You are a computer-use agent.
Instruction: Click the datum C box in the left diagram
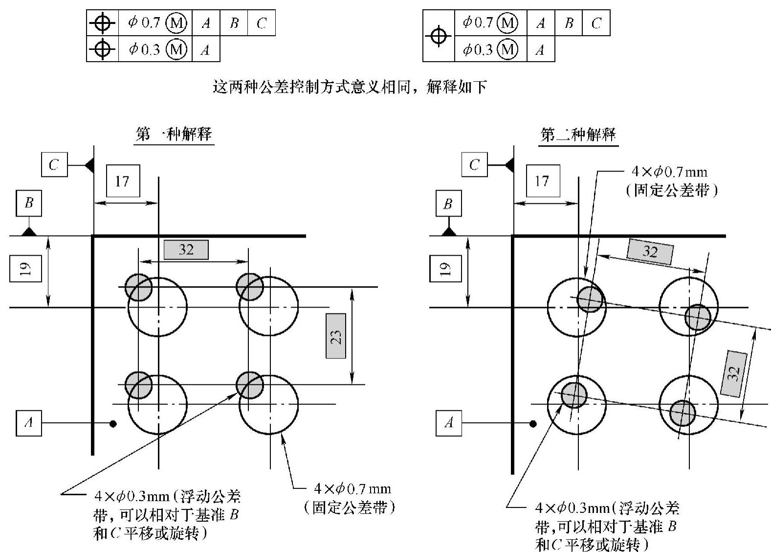pyautogui.click(x=54, y=165)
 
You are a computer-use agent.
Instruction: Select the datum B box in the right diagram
pyautogui.click(x=448, y=203)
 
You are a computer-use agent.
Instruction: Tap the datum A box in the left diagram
pyautogui.click(x=29, y=422)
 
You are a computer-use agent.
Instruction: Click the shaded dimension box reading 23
pyautogui.click(x=336, y=336)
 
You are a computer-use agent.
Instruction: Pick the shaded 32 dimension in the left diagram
pyautogui.click(x=186, y=250)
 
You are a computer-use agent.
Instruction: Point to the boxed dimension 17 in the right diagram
pyautogui.click(x=541, y=181)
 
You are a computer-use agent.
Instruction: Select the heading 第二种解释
pyautogui.click(x=578, y=134)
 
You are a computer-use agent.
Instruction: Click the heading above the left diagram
pyautogui.click(x=174, y=134)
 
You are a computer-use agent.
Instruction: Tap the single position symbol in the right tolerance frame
pyautogui.click(x=439, y=36)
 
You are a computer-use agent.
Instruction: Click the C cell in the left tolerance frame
pyautogui.click(x=261, y=23)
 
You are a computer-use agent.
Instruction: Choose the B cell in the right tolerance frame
pyautogui.click(x=568, y=23)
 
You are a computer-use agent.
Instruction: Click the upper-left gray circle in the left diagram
pyautogui.click(x=139, y=287)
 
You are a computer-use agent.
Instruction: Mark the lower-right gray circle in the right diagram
pyautogui.click(x=682, y=413)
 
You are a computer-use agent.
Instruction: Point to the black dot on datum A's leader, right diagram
pyautogui.click(x=533, y=423)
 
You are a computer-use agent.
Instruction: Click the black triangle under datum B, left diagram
pyautogui.click(x=29, y=231)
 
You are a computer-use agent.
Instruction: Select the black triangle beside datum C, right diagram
pyautogui.click(x=509, y=165)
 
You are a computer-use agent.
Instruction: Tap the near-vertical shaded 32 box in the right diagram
pyautogui.click(x=733, y=373)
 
